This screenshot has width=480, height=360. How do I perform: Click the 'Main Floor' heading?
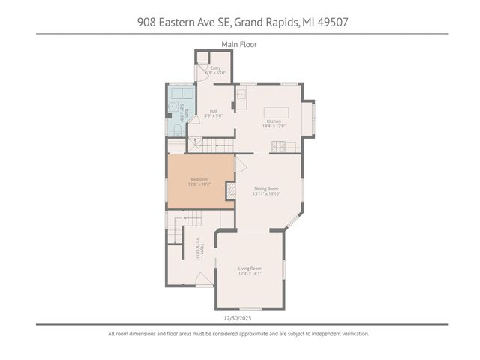[239, 45]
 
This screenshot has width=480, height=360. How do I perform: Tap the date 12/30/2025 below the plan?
[239, 317]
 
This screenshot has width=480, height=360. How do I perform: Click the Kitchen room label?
[274, 121]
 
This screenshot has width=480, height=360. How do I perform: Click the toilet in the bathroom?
[174, 130]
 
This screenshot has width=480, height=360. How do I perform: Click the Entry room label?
[215, 68]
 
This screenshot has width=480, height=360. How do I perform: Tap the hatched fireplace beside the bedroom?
[231, 192]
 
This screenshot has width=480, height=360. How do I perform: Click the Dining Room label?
[267, 188]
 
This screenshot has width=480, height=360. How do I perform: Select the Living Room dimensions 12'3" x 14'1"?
[250, 273]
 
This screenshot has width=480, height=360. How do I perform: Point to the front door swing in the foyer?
[204, 279]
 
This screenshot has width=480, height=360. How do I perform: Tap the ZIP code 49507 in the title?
[333, 22]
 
